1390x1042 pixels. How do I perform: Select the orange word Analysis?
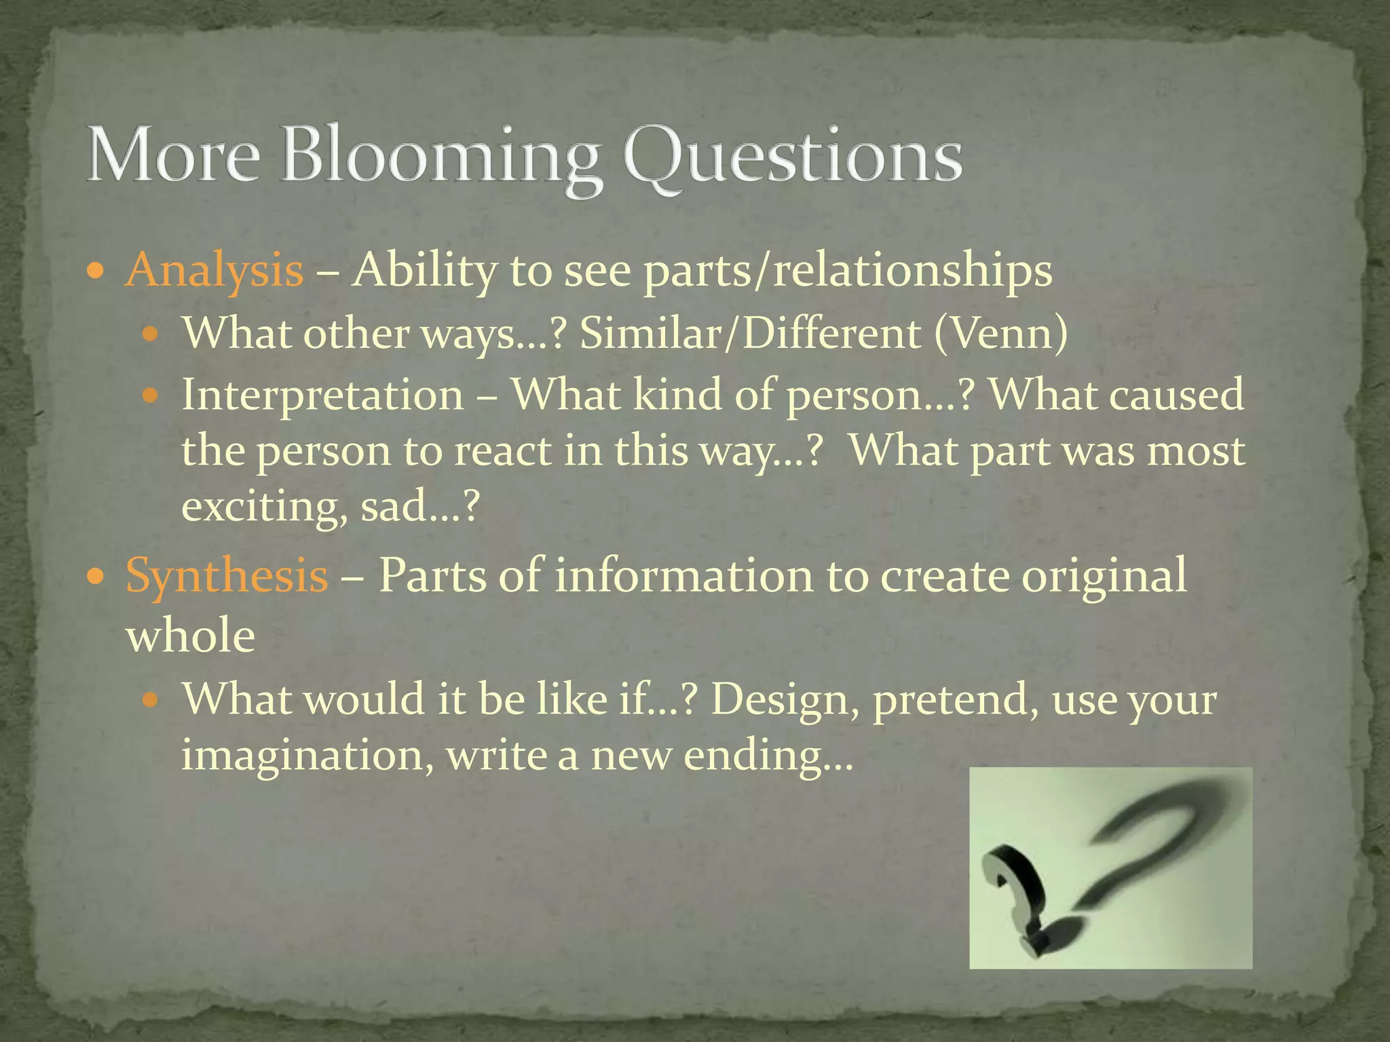214,270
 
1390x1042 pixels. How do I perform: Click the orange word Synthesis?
227,575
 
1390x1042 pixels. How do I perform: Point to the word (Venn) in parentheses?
1000,334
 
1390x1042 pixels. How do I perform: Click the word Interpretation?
322,394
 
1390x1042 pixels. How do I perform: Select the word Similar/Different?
751,334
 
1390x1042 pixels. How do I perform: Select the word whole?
191,636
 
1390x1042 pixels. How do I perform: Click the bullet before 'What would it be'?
152,699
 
